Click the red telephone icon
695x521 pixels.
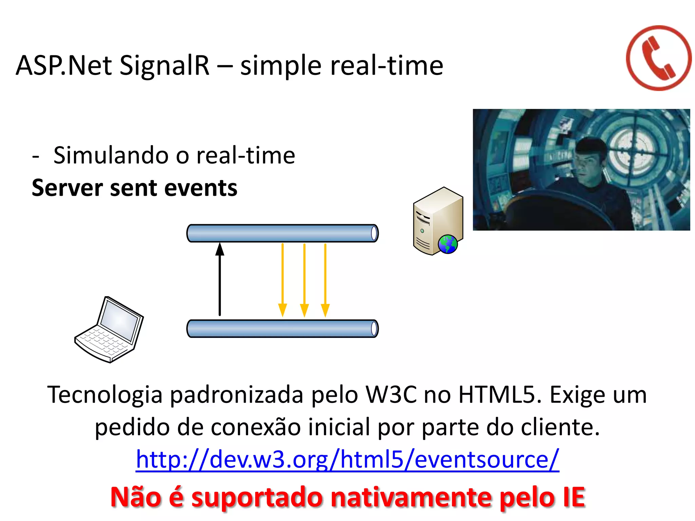point(658,58)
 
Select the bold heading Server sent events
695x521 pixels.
point(134,188)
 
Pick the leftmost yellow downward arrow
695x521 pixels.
point(282,280)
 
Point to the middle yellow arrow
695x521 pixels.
point(304,280)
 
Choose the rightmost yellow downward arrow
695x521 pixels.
point(325,280)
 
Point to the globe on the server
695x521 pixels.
point(448,244)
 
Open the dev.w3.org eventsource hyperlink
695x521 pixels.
point(347,459)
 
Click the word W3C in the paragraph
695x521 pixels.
point(391,395)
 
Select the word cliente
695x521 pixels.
point(560,427)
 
